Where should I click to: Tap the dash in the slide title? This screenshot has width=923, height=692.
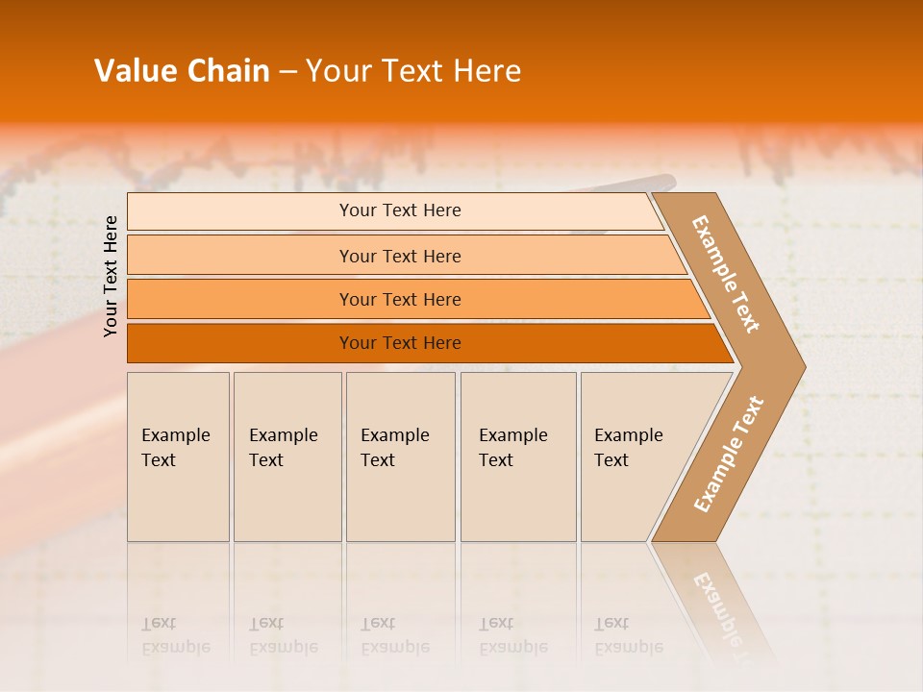click(x=287, y=72)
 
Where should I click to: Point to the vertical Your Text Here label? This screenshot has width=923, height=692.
click(x=111, y=276)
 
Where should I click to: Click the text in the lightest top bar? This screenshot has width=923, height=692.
click(x=400, y=210)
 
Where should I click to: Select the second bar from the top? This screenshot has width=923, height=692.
click(x=400, y=256)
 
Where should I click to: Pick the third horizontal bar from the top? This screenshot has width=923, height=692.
click(x=400, y=299)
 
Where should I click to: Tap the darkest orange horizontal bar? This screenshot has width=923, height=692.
click(x=400, y=343)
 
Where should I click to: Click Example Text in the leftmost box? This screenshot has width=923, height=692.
click(x=175, y=448)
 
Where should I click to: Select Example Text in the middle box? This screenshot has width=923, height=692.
click(x=395, y=448)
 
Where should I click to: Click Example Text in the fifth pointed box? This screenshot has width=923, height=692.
click(x=629, y=448)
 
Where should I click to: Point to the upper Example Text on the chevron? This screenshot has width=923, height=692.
click(x=726, y=274)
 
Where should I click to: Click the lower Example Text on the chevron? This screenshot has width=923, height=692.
click(x=729, y=455)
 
